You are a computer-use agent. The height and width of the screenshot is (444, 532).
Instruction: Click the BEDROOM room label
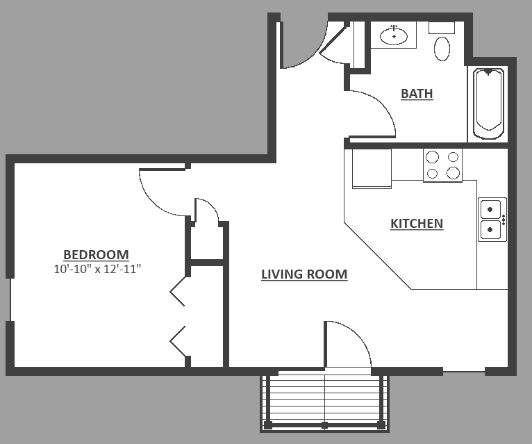pyautogui.click(x=96, y=254)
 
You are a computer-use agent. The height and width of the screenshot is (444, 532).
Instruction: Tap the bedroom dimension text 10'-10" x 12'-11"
pyautogui.click(x=97, y=268)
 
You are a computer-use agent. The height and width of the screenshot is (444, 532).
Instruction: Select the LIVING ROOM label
pyautogui.click(x=304, y=274)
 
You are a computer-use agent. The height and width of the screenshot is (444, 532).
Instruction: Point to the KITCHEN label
pyautogui.click(x=417, y=223)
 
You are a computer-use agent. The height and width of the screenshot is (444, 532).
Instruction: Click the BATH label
pyautogui.click(x=417, y=93)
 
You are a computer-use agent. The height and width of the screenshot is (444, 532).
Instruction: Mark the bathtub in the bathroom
pyautogui.click(x=488, y=103)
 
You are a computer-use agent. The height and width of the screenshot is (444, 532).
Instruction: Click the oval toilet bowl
pyautogui.click(x=442, y=48)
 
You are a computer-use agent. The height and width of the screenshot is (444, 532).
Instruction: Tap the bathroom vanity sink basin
pyautogui.click(x=394, y=36)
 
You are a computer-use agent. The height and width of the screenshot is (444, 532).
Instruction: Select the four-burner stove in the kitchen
pyautogui.click(x=443, y=165)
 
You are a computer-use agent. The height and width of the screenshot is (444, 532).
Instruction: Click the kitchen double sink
pyautogui.click(x=492, y=219)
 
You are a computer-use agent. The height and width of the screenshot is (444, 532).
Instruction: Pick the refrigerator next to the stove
pyautogui.click(x=371, y=167)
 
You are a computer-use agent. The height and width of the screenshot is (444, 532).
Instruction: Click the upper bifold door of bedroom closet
pyautogui.click(x=178, y=290)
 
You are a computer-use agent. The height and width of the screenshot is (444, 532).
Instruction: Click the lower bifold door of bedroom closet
pyautogui.click(x=178, y=340)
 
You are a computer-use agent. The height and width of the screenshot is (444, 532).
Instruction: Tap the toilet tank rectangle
pyautogui.click(x=441, y=28)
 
